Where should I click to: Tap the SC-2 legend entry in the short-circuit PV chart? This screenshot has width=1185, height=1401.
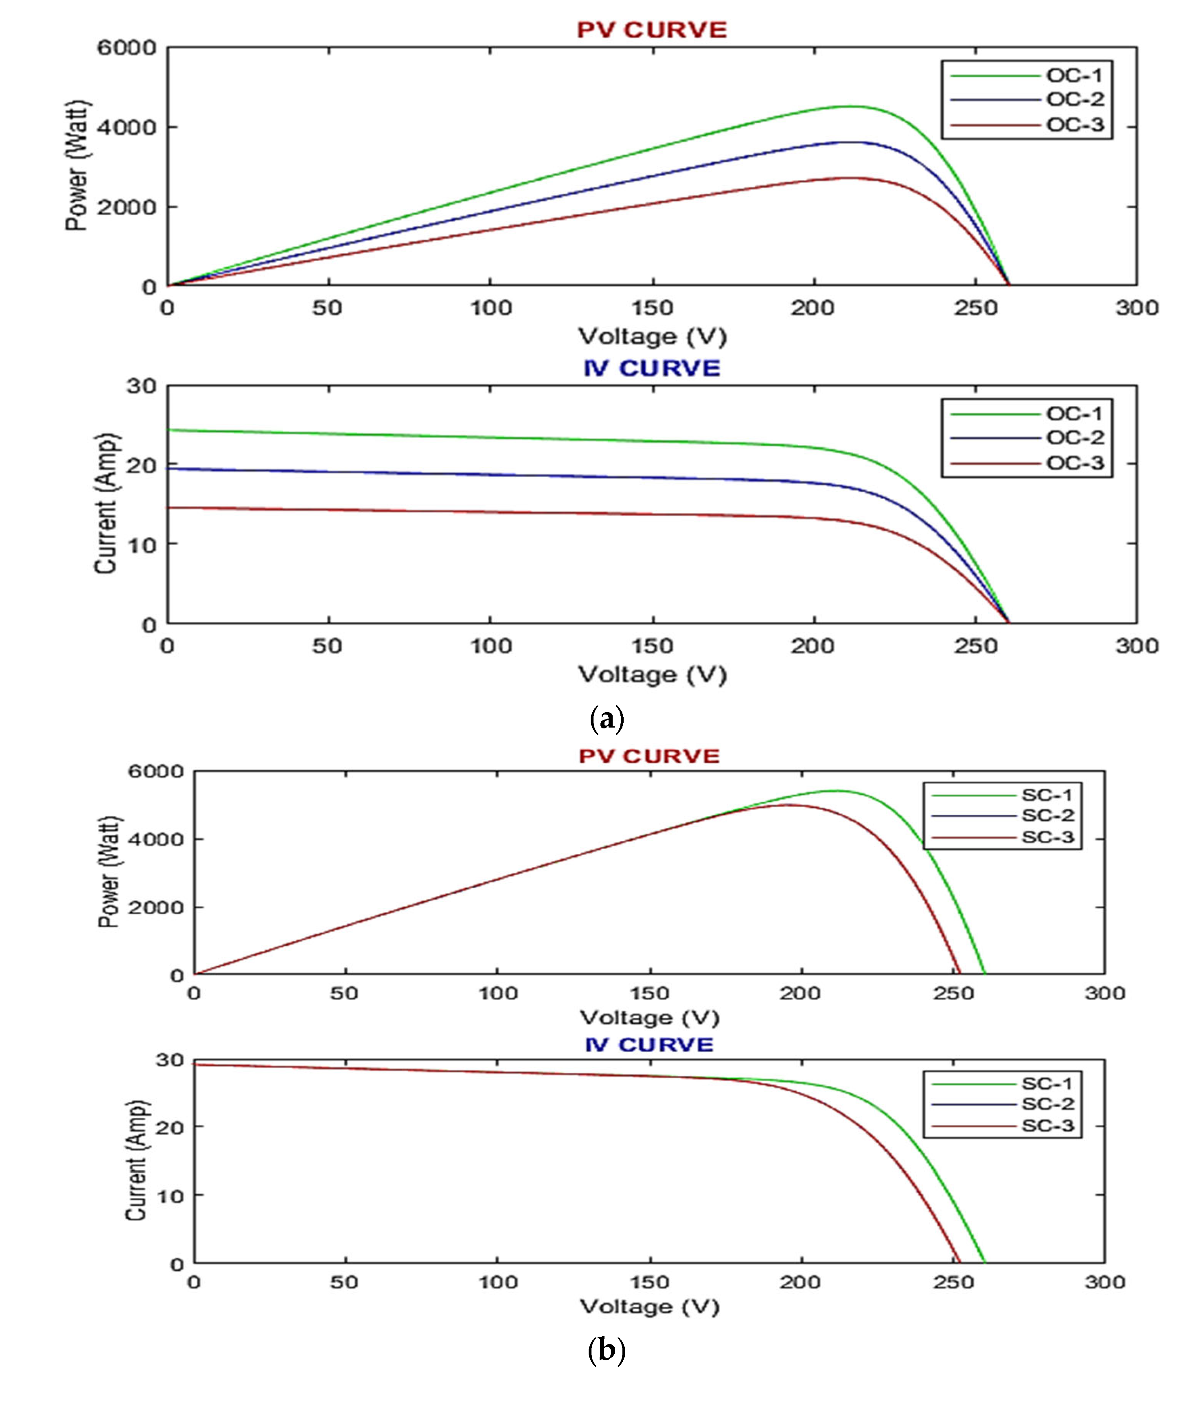[x=1047, y=815]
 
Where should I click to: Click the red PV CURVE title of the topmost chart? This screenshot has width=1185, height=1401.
[x=652, y=30]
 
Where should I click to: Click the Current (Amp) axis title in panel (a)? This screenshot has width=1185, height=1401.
[x=106, y=504]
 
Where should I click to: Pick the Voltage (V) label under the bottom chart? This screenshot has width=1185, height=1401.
[x=649, y=1306]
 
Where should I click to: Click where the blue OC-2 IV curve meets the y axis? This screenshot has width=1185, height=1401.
[x=168, y=468]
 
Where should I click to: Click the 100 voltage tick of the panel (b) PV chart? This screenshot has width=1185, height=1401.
[x=497, y=993]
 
